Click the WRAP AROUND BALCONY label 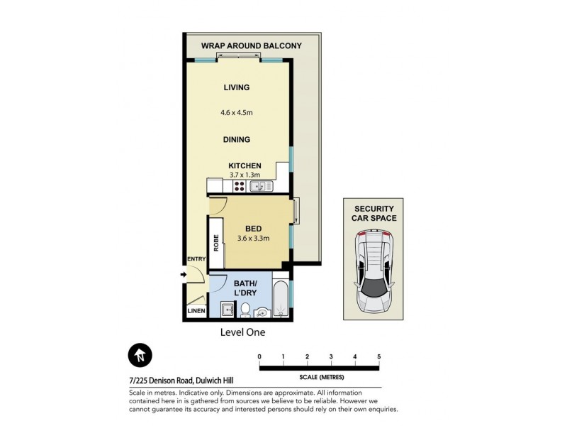pos(251,46)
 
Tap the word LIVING pos(237,88)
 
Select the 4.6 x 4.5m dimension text pos(237,111)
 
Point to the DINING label pos(237,140)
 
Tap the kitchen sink pos(259,187)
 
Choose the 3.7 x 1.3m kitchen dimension pos(245,175)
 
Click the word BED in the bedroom pos(253,228)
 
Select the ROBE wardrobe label pos(215,242)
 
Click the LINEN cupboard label pos(196,311)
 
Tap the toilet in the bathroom pos(244,310)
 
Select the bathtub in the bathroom pos(281,302)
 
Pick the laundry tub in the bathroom pos(226,310)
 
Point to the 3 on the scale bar pos(331,356)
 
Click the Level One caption pos(242,331)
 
